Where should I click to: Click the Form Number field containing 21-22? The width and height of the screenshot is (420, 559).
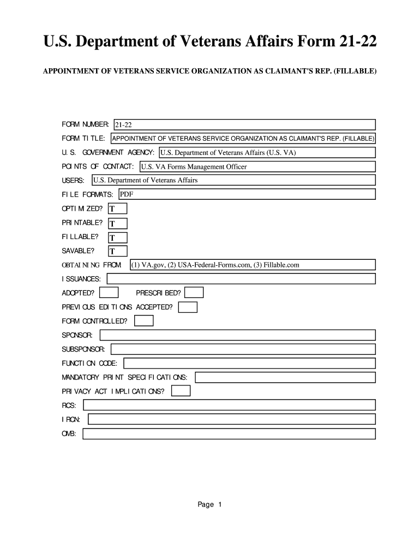[244, 125]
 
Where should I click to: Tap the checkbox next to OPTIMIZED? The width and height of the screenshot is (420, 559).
[117, 209]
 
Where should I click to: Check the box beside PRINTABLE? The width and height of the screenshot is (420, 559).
[117, 223]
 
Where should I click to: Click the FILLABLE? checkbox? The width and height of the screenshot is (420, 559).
[117, 237]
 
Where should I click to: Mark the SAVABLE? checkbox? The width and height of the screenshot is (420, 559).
[117, 252]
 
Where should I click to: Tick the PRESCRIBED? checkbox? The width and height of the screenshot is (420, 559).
[195, 293]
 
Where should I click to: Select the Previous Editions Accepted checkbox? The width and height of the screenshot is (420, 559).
[188, 307]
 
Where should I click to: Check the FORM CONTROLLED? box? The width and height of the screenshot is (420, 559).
[144, 321]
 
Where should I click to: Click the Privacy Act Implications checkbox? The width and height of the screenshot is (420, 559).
[181, 391]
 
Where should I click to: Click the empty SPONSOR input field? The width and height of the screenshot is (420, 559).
[237, 335]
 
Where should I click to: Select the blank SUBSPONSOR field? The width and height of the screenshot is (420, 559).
[243, 349]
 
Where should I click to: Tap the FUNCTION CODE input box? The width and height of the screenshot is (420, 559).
[249, 363]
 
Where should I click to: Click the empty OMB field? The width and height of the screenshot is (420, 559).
[229, 434]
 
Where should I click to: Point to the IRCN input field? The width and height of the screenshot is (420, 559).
[231, 419]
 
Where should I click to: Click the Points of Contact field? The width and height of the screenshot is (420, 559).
[257, 167]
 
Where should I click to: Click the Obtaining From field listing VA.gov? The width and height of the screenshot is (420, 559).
[252, 265]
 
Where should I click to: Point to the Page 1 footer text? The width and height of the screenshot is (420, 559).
[209, 505]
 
